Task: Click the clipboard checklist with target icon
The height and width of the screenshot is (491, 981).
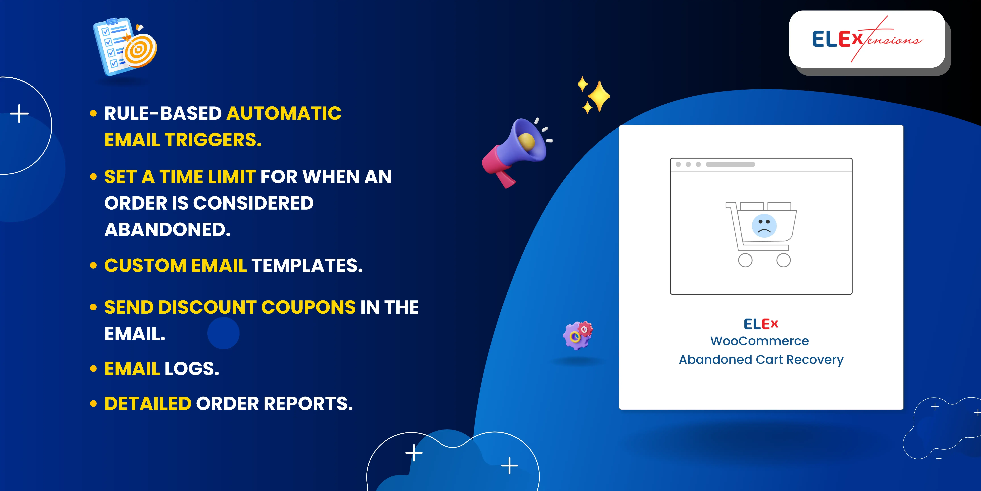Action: [124, 46]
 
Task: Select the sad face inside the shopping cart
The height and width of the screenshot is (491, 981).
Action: [764, 226]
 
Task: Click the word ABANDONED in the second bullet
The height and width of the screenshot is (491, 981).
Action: [168, 229]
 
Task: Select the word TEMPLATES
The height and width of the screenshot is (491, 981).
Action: [307, 265]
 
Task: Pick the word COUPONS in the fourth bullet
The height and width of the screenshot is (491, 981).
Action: [308, 307]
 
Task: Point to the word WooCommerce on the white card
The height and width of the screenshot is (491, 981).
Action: [759, 341]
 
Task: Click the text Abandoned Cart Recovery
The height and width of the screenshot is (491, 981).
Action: [761, 359]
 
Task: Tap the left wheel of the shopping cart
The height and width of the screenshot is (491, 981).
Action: [745, 260]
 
